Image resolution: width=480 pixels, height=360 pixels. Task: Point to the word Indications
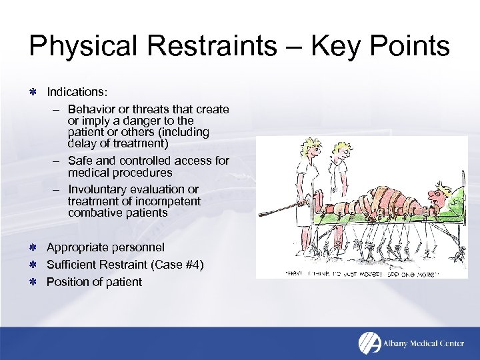coord(77,90)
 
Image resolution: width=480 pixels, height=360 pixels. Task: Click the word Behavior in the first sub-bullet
coord(91,109)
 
